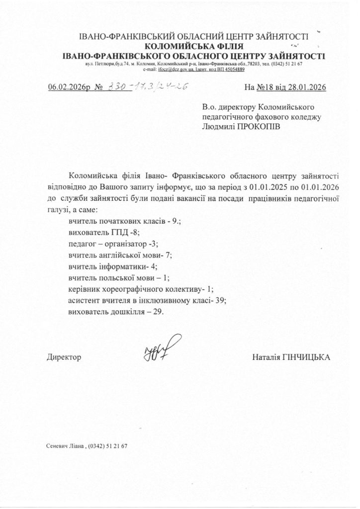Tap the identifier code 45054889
(x=232, y=71)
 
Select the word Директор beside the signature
(x=64, y=357)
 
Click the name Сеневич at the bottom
(x=58, y=446)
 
